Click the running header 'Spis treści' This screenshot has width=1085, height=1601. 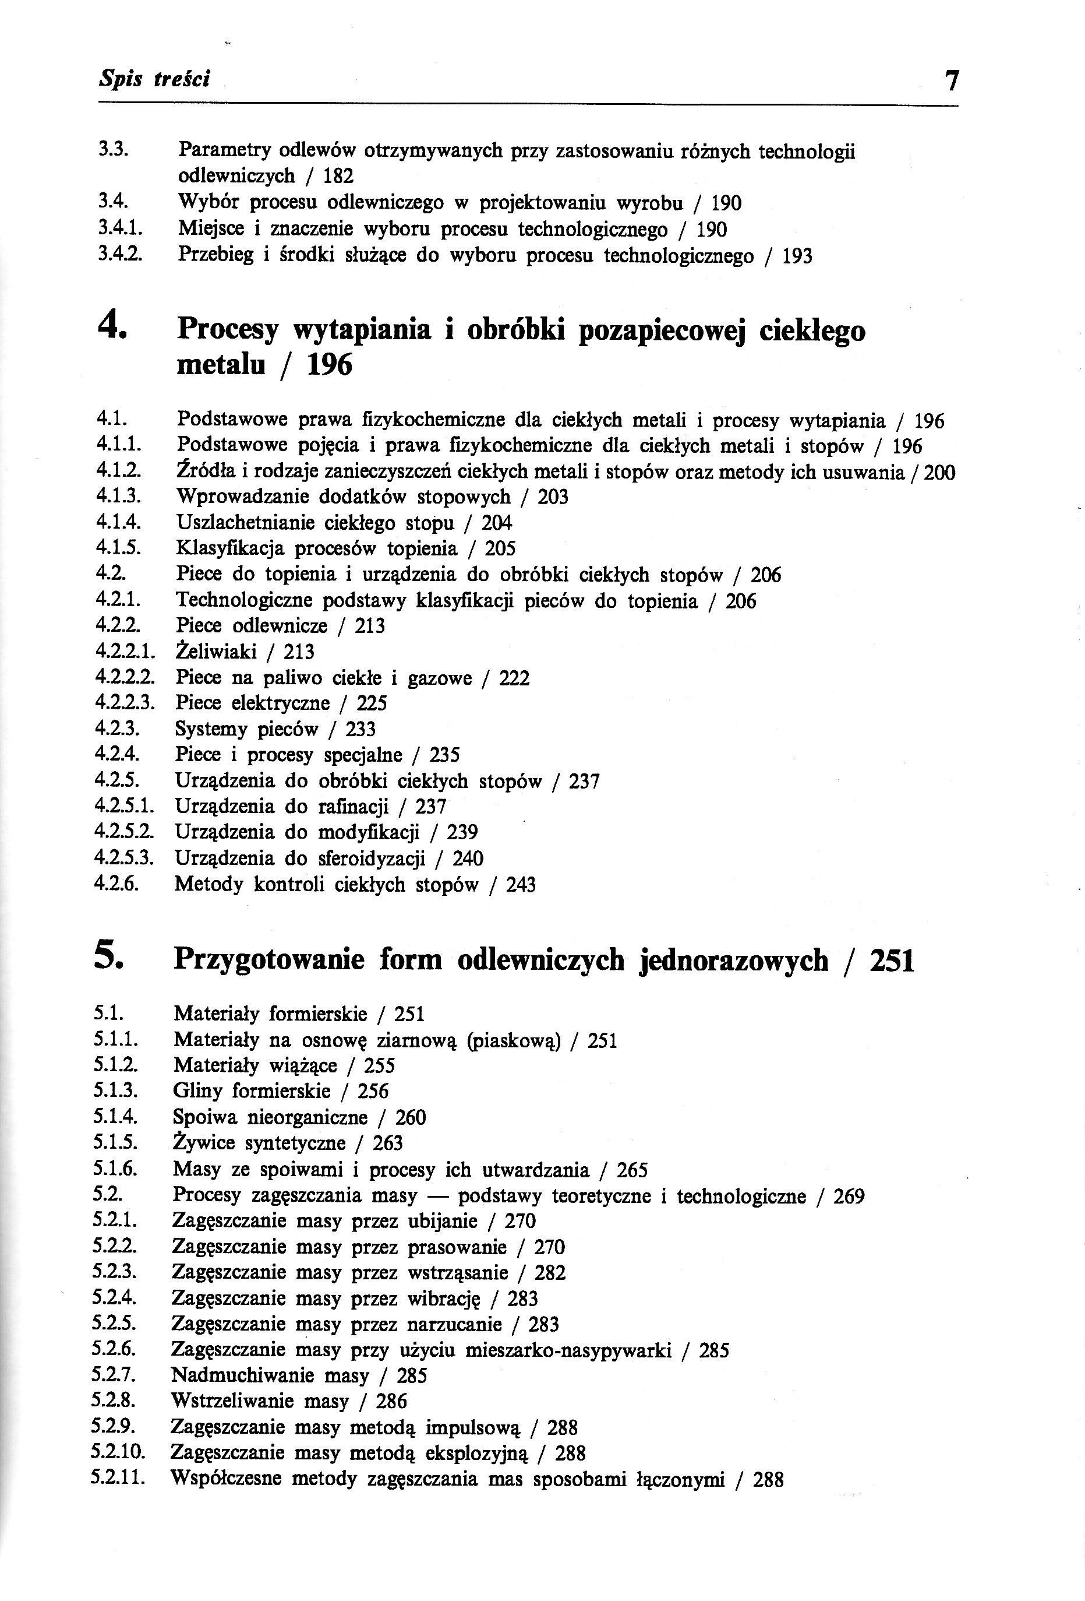click(154, 79)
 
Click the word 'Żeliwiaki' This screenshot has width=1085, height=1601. click(215, 652)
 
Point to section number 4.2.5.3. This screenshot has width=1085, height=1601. click(124, 858)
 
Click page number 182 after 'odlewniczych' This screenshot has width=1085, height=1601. click(338, 177)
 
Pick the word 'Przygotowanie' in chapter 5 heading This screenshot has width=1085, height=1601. click(268, 960)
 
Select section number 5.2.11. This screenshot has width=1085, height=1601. click(118, 1479)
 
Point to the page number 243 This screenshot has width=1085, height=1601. click(521, 885)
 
